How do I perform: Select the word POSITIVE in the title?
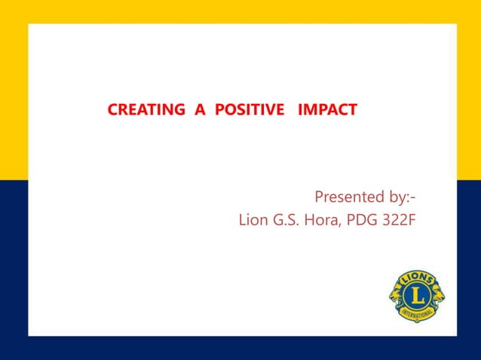pyautogui.click(x=250, y=111)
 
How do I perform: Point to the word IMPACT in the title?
pyautogui.click(x=328, y=111)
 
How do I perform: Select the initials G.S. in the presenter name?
pyautogui.click(x=290, y=221)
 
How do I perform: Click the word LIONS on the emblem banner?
pyautogui.click(x=417, y=279)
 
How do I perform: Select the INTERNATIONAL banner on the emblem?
pyautogui.click(x=417, y=314)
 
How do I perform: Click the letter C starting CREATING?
pyautogui.click(x=113, y=111)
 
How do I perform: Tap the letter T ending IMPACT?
pyautogui.click(x=353, y=111)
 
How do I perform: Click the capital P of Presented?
pyautogui.click(x=319, y=198)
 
